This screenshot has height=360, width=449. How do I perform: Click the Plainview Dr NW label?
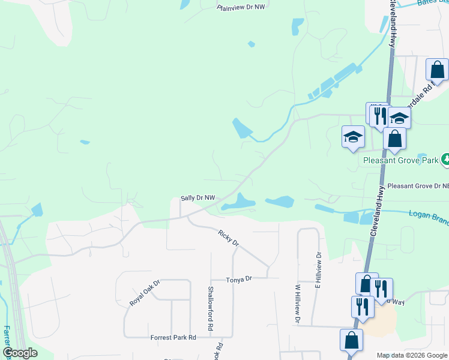coord(241,8)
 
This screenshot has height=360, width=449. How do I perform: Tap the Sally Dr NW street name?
coord(197,198)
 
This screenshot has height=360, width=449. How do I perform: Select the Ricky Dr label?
coord(229,238)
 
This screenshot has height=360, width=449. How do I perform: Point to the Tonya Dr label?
coord(239,280)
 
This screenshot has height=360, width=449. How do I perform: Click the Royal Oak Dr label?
coord(145,293)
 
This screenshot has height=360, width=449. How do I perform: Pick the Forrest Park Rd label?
coord(173,338)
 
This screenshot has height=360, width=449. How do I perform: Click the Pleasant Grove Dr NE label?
coord(418,187)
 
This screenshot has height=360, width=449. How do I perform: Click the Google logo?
coord(20,353)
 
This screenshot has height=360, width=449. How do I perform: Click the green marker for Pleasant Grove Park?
coord(446,160)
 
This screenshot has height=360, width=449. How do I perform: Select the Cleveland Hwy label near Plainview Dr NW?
coord(393,24)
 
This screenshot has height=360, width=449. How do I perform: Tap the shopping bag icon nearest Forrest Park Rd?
coord(351,340)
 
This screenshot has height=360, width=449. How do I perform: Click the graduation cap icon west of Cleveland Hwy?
coord(353,137)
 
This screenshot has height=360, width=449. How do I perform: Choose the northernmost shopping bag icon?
coord(438,69)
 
